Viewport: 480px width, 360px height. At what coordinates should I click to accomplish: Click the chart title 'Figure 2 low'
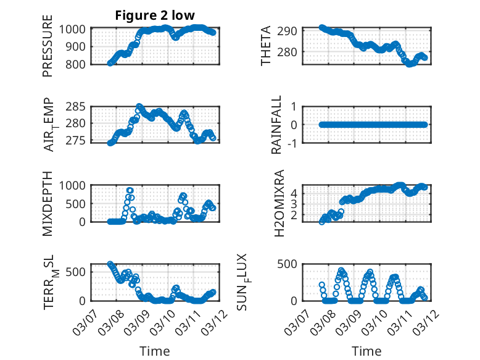pos(155,16)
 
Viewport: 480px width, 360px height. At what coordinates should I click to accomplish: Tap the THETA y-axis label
pos(266,45)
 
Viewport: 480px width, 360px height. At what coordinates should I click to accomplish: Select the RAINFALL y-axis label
pos(277,124)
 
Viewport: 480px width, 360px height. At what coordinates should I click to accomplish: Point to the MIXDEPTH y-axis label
pos(48,203)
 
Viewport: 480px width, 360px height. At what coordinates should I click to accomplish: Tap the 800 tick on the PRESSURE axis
pos(79,64)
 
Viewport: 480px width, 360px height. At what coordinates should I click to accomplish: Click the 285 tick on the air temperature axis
pos(79,107)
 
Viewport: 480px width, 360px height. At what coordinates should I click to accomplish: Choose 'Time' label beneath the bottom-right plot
pos(366,351)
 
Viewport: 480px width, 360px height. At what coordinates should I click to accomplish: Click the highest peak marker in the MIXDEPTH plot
pos(130,190)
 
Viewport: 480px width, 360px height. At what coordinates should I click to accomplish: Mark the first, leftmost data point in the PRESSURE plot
pos(110,63)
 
